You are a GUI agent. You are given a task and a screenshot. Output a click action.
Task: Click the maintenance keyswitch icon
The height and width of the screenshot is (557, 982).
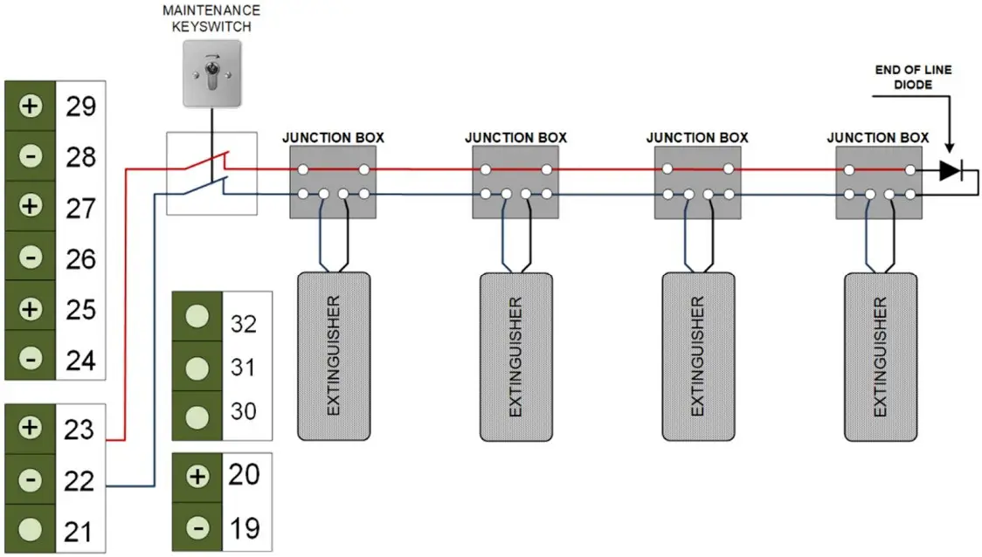[211, 76]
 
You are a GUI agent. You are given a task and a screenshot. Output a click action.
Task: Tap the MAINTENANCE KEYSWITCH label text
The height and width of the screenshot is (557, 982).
[211, 17]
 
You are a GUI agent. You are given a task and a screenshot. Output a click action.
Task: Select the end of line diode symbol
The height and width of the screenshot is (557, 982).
[950, 171]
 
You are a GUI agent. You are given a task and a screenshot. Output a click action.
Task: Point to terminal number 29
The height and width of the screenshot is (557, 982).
[80, 107]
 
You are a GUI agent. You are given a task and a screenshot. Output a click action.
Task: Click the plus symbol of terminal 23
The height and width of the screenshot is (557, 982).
[31, 427]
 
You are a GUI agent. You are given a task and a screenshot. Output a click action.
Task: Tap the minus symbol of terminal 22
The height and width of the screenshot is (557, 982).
[31, 478]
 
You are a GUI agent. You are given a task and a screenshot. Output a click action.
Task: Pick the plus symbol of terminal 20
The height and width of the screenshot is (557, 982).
[198, 477]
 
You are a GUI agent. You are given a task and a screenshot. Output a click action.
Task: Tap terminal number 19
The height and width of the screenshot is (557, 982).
[244, 528]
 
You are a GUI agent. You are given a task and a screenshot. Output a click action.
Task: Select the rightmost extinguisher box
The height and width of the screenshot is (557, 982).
[880, 356]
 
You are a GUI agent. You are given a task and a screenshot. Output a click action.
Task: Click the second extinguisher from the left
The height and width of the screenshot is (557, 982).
[515, 356]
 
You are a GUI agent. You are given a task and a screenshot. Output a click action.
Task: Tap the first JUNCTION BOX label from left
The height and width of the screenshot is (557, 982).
[333, 137]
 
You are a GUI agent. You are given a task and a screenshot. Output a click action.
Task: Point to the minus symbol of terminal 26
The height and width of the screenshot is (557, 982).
[31, 258]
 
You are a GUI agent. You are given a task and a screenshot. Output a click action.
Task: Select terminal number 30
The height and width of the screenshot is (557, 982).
[244, 409]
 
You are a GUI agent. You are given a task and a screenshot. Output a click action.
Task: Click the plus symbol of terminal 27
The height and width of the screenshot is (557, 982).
[31, 207]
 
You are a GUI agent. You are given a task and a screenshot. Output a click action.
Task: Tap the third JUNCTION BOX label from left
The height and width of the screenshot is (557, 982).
[696, 137]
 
